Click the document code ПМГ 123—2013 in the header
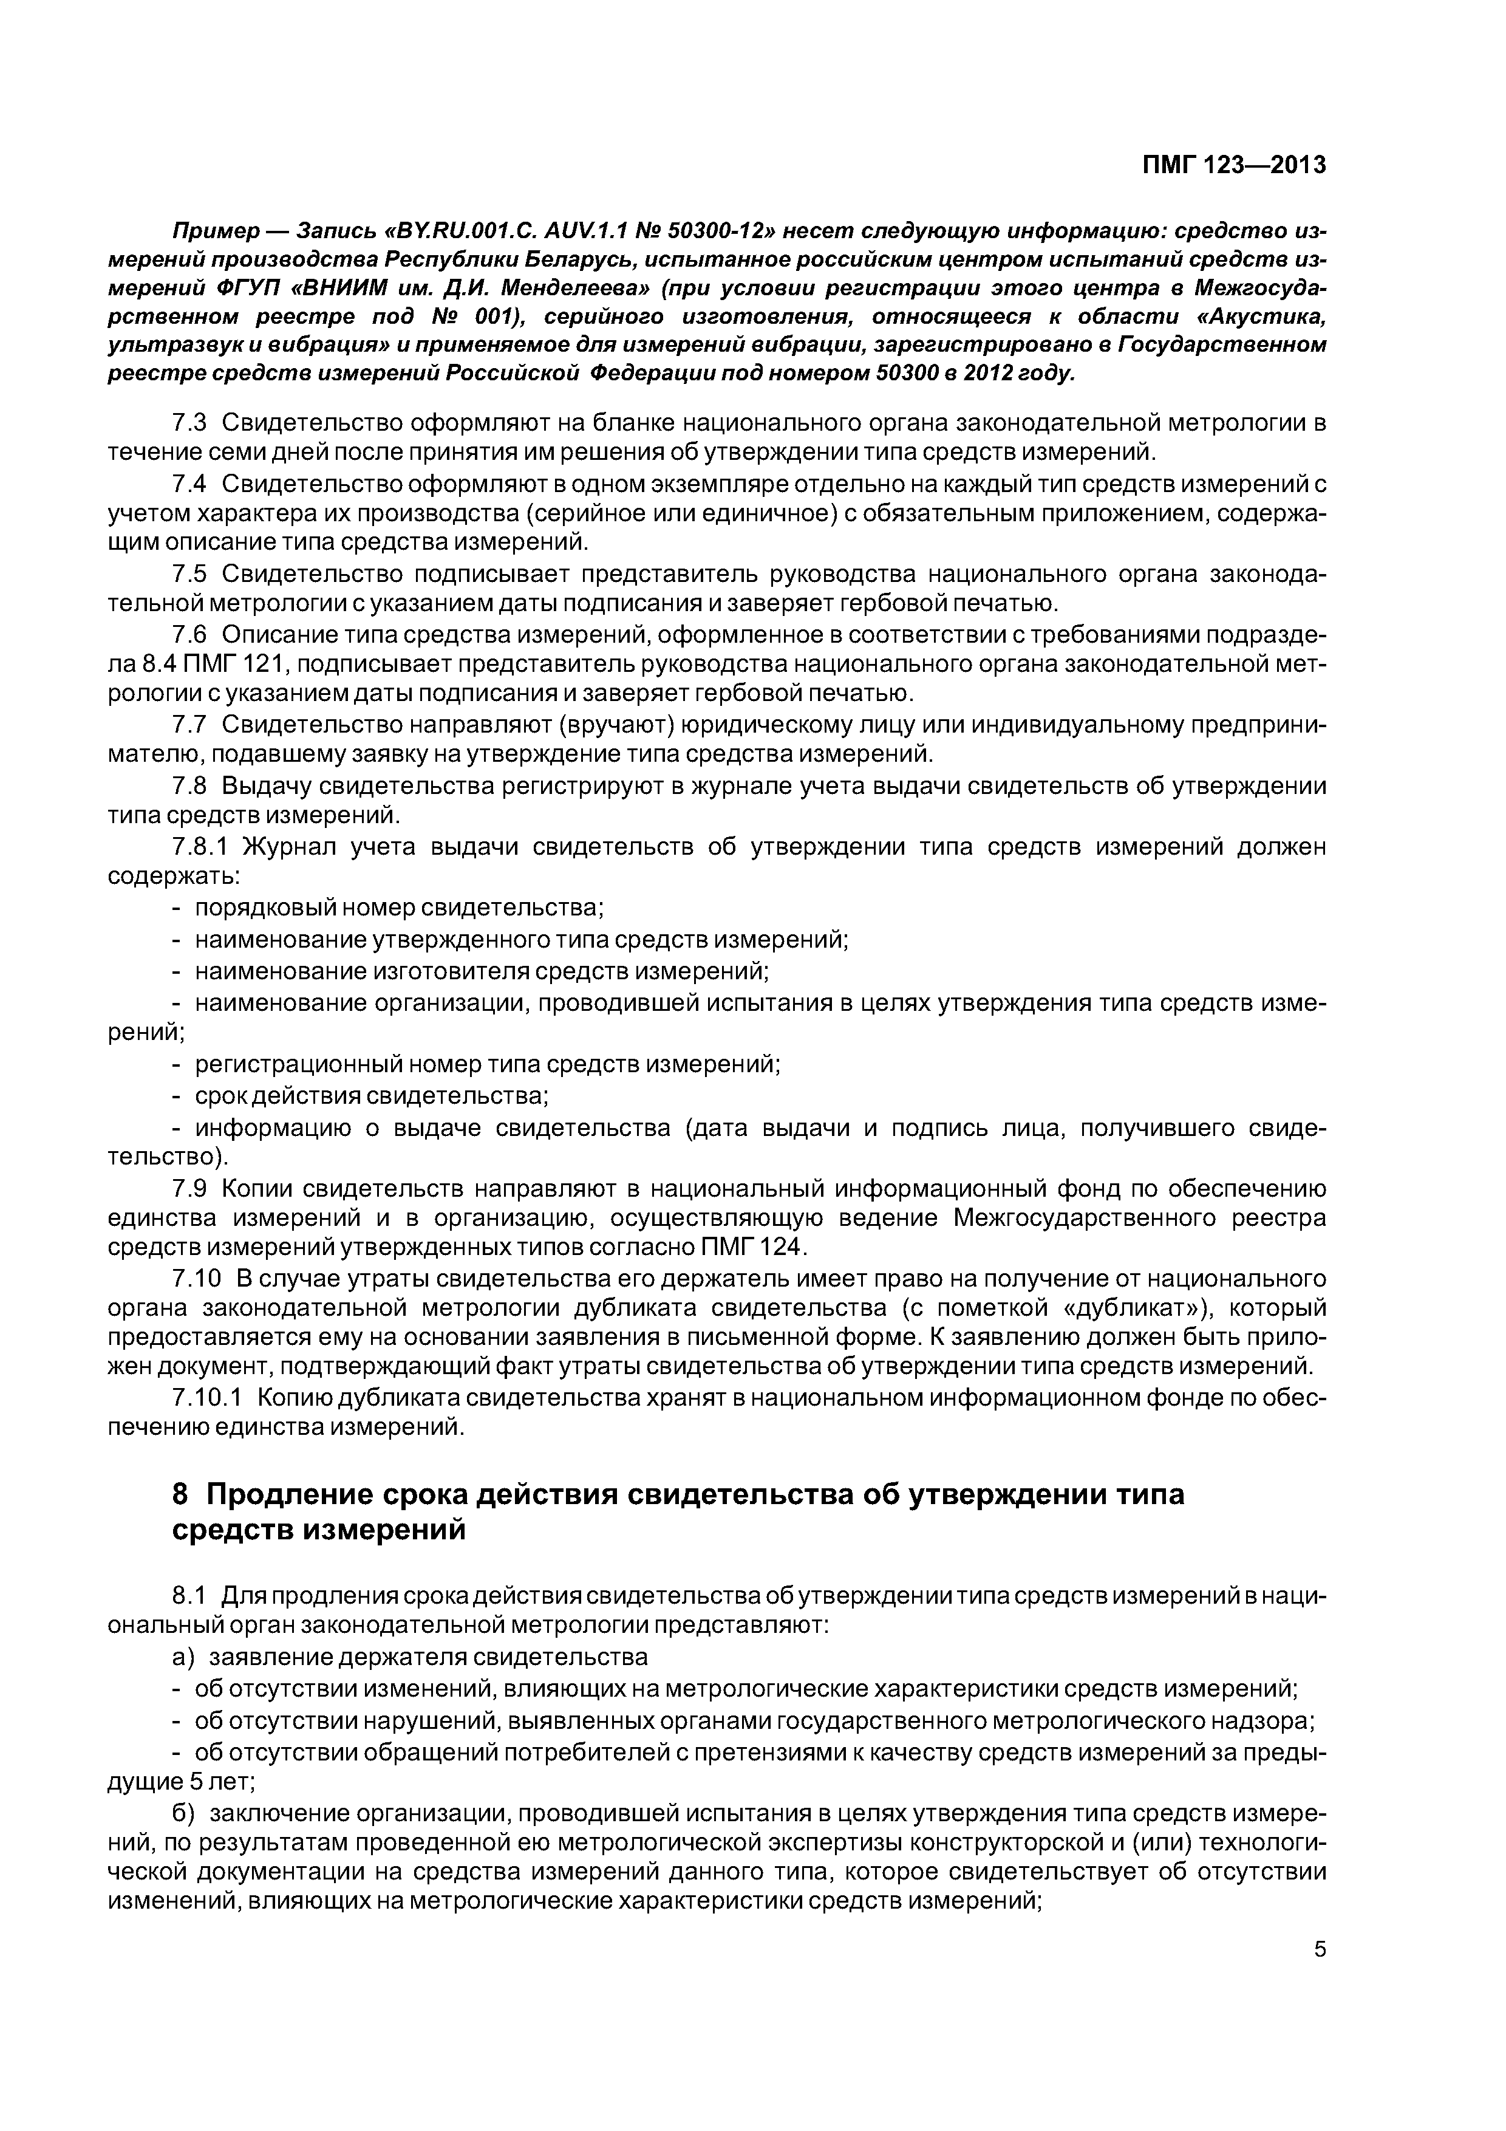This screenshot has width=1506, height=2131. point(1233,165)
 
